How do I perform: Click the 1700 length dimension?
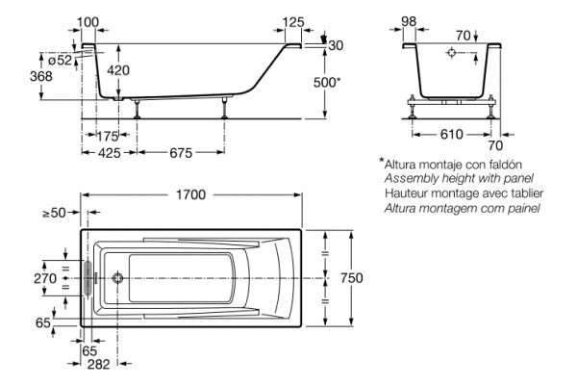click(190, 194)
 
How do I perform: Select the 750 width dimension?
click(351, 278)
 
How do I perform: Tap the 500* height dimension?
click(327, 83)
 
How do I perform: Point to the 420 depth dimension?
click(118, 70)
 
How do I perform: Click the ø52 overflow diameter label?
click(60, 60)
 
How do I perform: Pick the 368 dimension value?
click(41, 76)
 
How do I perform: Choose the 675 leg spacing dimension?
click(181, 152)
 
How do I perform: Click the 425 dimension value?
click(109, 152)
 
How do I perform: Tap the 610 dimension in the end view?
click(452, 135)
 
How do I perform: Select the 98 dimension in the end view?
click(409, 21)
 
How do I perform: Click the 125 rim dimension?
click(293, 22)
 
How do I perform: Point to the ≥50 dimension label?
click(54, 213)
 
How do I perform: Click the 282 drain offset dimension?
click(99, 365)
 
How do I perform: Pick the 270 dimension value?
click(45, 278)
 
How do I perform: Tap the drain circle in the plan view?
click(117, 278)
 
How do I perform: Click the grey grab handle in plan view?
click(88, 277)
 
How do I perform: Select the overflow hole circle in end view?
click(452, 53)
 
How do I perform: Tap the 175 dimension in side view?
click(108, 137)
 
